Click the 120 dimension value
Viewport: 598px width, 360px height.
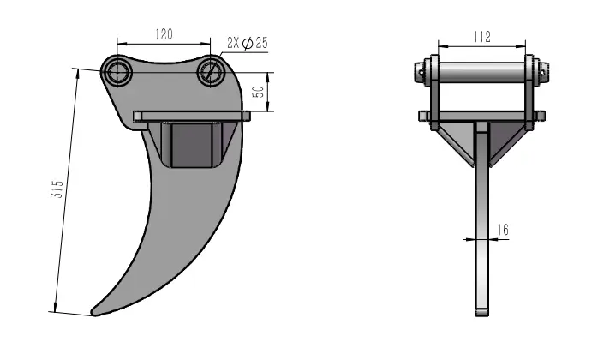tap(164, 34)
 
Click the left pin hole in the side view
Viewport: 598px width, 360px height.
tap(117, 72)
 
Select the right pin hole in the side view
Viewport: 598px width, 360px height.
tap(211, 74)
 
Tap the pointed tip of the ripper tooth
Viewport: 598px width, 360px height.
tap(94, 312)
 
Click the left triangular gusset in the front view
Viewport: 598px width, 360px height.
tap(458, 141)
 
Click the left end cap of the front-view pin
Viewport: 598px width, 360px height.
tap(422, 73)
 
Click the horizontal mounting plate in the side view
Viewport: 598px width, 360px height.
tap(193, 116)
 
